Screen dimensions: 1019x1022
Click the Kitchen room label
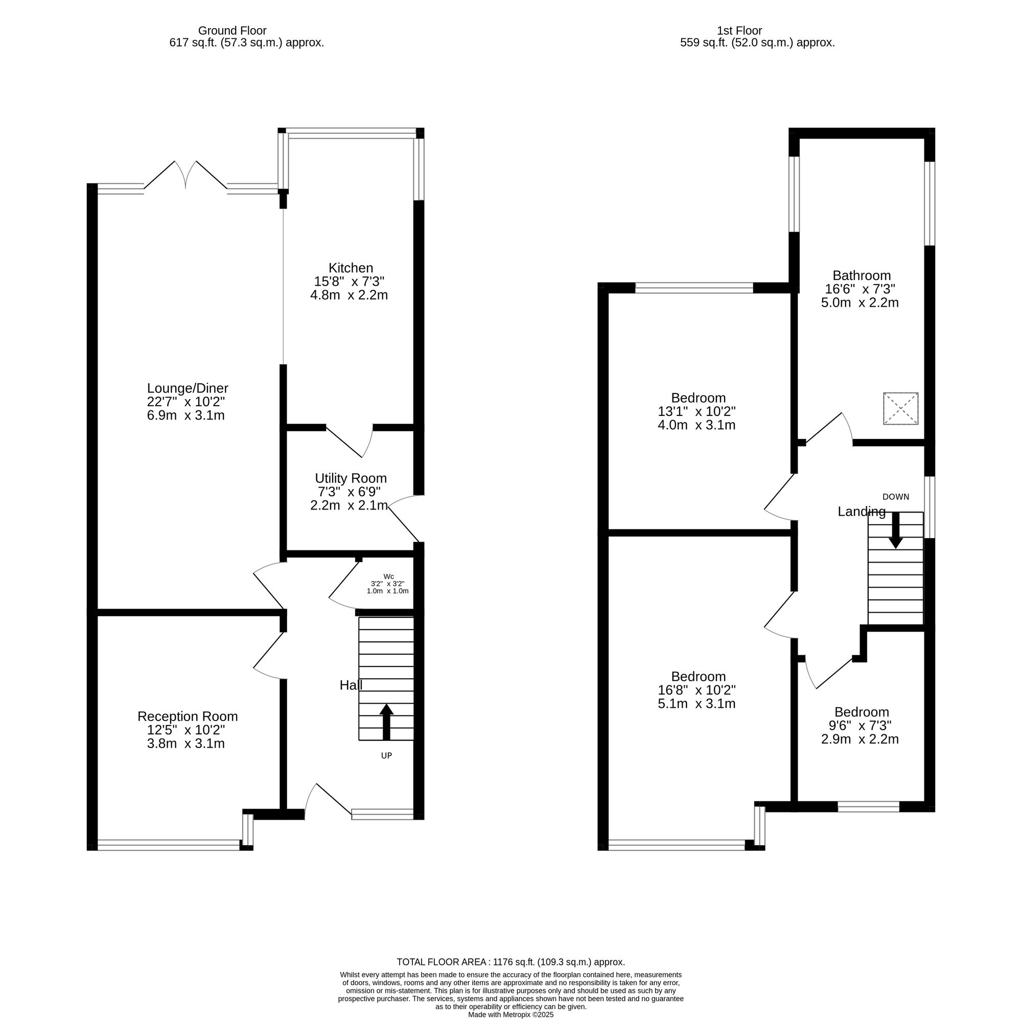pyautogui.click(x=350, y=268)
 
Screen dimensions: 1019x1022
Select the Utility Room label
pyautogui.click(x=350, y=478)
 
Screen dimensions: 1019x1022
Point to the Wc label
pyautogui.click(x=388, y=576)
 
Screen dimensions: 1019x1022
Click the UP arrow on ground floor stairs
pyautogui.click(x=386, y=721)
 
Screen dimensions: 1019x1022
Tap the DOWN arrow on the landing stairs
pyautogui.click(x=895, y=530)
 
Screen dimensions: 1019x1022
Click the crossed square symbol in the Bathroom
pyautogui.click(x=900, y=408)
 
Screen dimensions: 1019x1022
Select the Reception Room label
pyautogui.click(x=187, y=716)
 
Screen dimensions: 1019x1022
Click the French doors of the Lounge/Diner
pyautogui.click(x=185, y=175)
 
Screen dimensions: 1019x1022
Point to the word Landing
pyautogui.click(x=861, y=512)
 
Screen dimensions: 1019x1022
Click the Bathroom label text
pyautogui.click(x=861, y=275)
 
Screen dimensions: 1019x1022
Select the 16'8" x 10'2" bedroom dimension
pyautogui.click(x=696, y=690)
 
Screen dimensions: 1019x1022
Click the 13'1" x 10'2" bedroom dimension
pyautogui.click(x=696, y=411)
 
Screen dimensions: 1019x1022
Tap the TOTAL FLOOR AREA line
pyautogui.click(x=510, y=962)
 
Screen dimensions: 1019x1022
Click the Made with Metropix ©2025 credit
pyautogui.click(x=510, y=1015)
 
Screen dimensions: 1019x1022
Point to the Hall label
pyautogui.click(x=351, y=686)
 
